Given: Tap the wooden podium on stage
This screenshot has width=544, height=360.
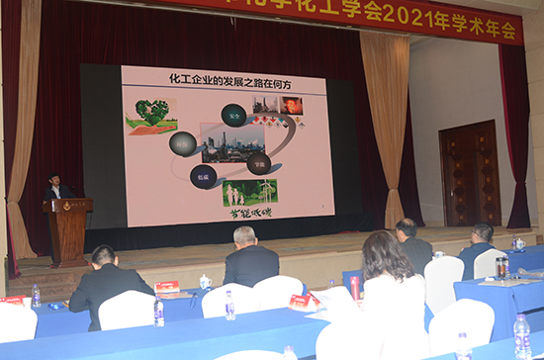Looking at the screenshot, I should point(69,229).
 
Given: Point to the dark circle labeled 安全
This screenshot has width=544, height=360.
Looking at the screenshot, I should point(234,115).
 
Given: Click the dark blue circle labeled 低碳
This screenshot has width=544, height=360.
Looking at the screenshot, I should point(204,176).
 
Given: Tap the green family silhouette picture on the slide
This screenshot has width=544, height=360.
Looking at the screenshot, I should point(250,192).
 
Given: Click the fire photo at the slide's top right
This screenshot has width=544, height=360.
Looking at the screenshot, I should point(292,105).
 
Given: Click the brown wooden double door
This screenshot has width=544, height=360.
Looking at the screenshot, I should point(469,174).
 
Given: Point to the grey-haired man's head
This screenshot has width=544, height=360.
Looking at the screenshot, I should point(244,235).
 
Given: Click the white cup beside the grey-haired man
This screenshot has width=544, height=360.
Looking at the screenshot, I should point(206,282).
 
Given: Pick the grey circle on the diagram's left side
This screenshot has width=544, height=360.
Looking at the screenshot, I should point(183,143).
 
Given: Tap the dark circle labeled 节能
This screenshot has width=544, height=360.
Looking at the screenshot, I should point(259,163).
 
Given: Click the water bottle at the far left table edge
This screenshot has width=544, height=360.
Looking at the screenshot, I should point(36,296).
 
